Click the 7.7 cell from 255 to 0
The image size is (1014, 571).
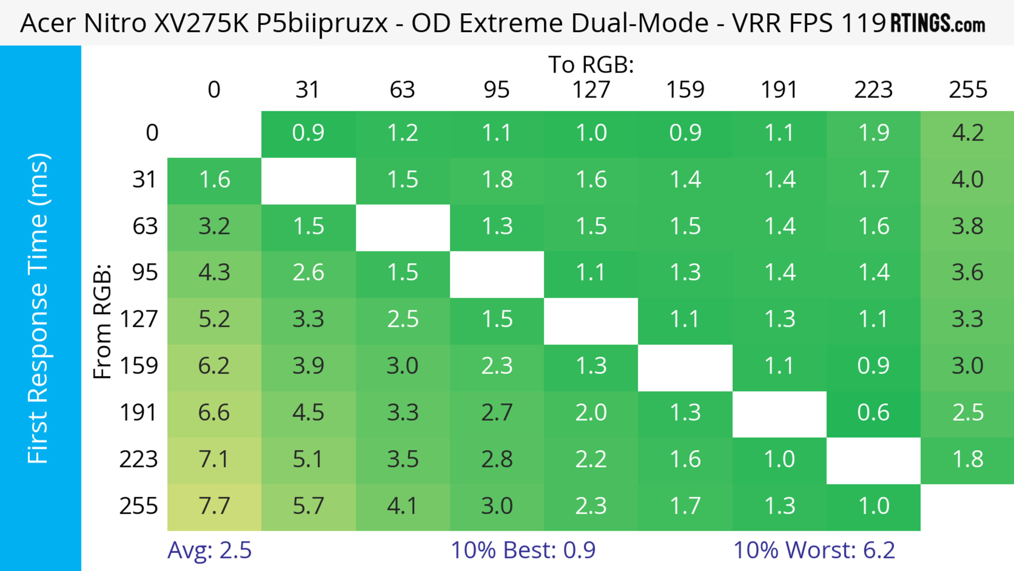[x=214, y=507]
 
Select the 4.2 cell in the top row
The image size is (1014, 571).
[x=968, y=133]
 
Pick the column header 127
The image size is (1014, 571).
[x=591, y=90]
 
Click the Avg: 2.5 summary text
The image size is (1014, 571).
[x=209, y=550]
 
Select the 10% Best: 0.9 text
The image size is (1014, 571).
[x=523, y=550]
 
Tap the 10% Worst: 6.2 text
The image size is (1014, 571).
[x=814, y=550]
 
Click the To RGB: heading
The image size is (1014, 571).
[x=591, y=64]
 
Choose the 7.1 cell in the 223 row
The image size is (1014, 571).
[x=214, y=459]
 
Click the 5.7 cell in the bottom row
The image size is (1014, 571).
[x=308, y=507]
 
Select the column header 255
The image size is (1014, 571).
[x=968, y=90]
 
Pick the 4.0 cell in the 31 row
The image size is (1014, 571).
[x=968, y=180]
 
